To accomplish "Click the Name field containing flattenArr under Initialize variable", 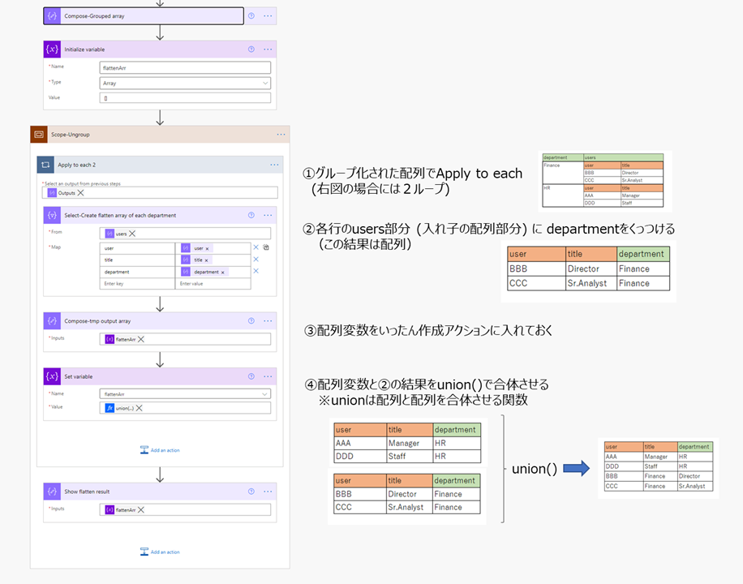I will [185, 68].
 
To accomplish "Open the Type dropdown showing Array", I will [185, 83].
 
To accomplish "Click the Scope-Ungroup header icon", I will [37, 135].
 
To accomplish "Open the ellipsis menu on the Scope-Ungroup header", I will [281, 135].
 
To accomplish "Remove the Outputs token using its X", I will [81, 193].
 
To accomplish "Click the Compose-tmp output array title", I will [98, 321].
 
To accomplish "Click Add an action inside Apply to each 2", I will [160, 449].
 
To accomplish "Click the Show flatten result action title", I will [87, 492].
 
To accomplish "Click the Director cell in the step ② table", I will [583, 268].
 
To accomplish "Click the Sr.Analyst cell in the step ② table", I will [588, 283].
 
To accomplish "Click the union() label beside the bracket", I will [534, 469].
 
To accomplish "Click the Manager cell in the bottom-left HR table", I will [404, 443].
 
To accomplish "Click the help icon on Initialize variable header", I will [251, 49].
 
